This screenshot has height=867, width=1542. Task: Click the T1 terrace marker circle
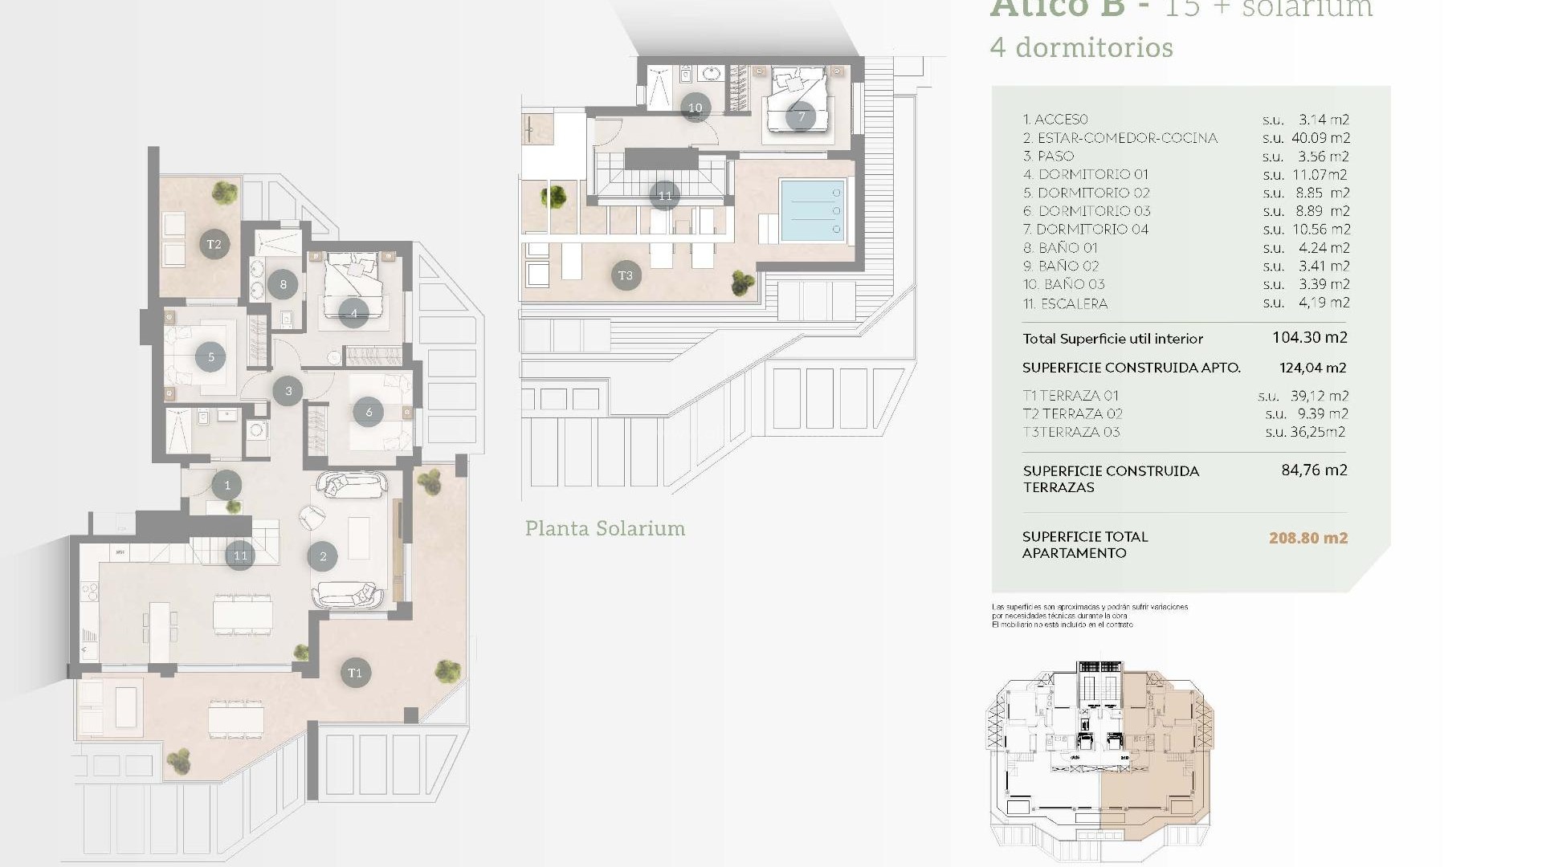[355, 673]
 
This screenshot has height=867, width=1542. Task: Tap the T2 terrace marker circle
[214, 244]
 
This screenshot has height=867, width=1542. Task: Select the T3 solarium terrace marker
[626, 275]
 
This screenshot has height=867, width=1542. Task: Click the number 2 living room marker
[323, 556]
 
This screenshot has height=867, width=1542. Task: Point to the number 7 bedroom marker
[801, 116]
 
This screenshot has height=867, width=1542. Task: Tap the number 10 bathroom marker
[695, 108]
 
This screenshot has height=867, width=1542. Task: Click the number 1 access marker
[227, 485]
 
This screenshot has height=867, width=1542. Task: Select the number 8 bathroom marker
[283, 283]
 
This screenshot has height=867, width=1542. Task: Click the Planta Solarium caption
[605, 528]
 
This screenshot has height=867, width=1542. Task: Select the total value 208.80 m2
[1307, 538]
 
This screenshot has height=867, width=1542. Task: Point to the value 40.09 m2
[1320, 138]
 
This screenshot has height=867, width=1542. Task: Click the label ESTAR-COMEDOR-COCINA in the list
[1127, 138]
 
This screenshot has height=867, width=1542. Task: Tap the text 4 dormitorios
[1081, 47]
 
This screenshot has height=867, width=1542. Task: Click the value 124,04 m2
[1312, 368]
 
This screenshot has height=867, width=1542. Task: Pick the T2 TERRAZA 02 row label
[1072, 413]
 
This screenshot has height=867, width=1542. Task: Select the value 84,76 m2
[1314, 470]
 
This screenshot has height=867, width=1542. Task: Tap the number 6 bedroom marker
[369, 412]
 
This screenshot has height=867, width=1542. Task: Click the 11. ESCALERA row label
[1065, 303]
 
